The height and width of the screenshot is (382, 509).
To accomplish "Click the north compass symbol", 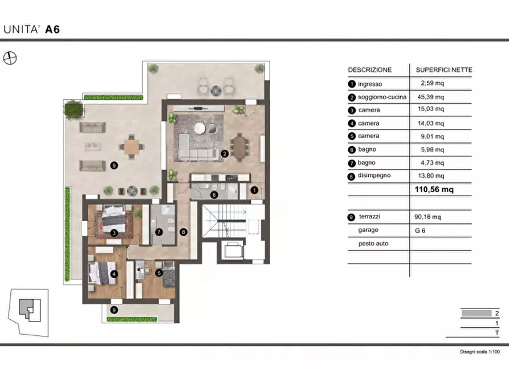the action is tap(10, 59).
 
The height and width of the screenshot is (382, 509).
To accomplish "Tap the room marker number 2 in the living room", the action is tap(225, 153).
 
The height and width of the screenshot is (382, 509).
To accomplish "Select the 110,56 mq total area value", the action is tap(434, 189).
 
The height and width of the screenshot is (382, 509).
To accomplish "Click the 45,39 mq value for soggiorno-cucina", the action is tap(430, 97).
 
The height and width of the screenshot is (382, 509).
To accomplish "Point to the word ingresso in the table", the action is tap(370, 84).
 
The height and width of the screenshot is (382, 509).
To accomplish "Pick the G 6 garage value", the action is tap(420, 230).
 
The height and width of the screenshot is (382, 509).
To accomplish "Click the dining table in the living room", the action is tap(240, 148).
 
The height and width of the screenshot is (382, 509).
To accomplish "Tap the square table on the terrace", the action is tap(132, 147).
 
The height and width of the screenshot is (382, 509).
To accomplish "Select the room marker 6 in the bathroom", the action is tap(214, 195).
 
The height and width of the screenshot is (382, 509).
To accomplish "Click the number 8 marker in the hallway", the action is tap(184, 232).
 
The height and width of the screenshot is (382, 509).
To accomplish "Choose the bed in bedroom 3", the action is tap(113, 220).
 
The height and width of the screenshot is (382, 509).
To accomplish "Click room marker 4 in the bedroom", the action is tap(114, 274).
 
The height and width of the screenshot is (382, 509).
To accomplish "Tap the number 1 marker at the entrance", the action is tap(254, 190).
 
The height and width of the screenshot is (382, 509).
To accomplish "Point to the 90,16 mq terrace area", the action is tap(427, 217).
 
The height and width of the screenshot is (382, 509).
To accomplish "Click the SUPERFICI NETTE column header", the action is tap(444, 70).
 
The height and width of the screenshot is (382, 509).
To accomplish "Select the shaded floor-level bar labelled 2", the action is tap(477, 314).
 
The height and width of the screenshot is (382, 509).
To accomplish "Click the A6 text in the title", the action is tap(52, 30).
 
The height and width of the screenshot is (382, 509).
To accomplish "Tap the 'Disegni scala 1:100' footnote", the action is tap(480, 351).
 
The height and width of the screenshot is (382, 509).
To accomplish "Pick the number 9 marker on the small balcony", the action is tap(114, 310).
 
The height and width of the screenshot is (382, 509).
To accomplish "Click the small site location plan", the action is tap(28, 312).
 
